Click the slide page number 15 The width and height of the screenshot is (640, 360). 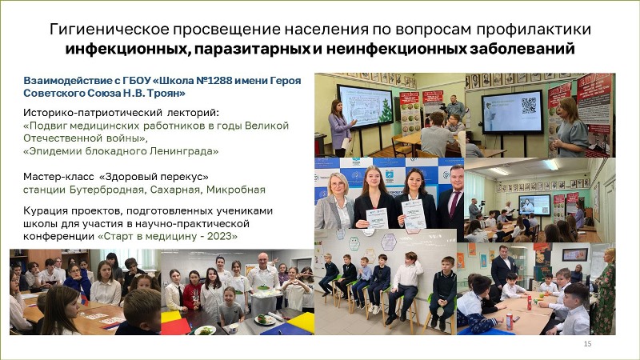[x=587, y=344]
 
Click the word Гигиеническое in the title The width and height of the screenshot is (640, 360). [x=110, y=30]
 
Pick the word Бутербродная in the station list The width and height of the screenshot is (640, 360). [x=106, y=190]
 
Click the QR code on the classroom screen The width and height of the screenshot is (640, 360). [x=529, y=106]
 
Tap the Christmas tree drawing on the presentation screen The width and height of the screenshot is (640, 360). [x=386, y=111]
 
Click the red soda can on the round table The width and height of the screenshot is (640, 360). [x=509, y=322]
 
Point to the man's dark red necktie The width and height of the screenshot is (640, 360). [x=454, y=204]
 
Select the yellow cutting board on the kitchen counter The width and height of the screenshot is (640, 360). [x=302, y=322]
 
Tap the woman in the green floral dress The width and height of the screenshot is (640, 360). [x=604, y=291]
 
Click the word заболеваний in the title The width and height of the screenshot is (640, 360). [x=522, y=49]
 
